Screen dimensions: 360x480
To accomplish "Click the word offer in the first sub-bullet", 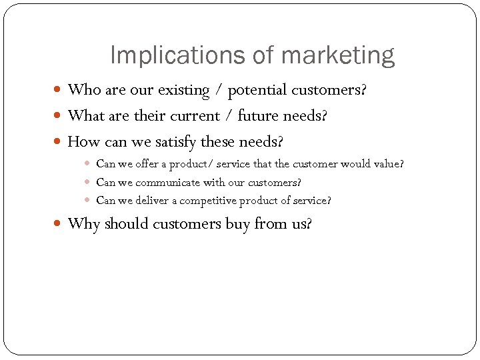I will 147,163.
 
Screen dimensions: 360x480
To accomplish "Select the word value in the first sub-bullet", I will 389,163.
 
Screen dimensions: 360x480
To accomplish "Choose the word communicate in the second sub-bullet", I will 167,182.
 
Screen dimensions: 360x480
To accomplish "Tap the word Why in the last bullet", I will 83,224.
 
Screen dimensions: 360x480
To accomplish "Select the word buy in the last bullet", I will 237,224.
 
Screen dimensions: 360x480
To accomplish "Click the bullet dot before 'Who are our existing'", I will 59,90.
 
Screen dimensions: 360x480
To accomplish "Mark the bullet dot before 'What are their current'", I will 59,117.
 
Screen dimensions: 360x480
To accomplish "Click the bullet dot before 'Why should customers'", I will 59,224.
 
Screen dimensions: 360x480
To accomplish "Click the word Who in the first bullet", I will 83,89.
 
